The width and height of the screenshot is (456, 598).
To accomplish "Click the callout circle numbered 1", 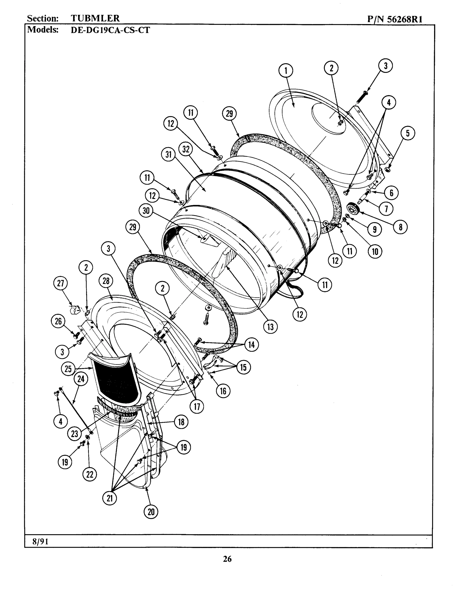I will click(286, 71).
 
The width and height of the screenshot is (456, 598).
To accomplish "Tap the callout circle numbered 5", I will click(408, 133).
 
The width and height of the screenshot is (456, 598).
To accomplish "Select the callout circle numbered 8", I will click(400, 227).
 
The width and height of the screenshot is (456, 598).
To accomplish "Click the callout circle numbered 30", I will click(146, 211).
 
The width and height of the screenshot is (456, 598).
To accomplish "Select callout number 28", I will click(106, 281).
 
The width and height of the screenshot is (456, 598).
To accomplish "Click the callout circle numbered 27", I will click(60, 283).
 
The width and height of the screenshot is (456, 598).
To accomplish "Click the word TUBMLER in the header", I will click(95, 18).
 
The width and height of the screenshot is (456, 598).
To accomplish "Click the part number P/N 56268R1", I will click(395, 19).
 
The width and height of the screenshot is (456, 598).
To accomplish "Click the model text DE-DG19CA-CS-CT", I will click(110, 30).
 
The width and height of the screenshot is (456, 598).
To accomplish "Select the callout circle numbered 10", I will click(375, 251).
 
